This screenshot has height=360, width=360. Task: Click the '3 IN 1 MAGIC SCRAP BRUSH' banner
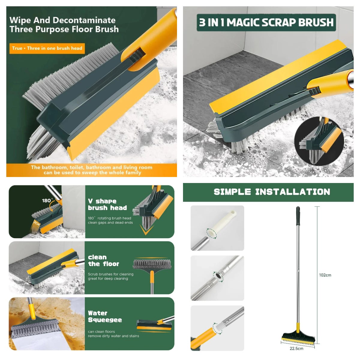tap(266, 22)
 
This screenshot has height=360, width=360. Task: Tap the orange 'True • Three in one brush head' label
tap(47, 48)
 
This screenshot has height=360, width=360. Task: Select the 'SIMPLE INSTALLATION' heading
tap(271, 192)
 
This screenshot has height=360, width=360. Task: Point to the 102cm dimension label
tap(325, 275)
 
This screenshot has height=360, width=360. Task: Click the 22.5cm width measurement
tap(296, 349)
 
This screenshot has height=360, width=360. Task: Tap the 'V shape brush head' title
tap(107, 205)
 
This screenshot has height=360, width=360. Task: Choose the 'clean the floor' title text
tap(103, 261)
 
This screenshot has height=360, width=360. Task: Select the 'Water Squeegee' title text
tap(105, 316)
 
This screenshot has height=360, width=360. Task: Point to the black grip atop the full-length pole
tap(298, 216)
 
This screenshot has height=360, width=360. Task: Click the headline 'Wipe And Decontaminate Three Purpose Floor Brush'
tap(64, 25)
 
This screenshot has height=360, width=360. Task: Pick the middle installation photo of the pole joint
tap(217, 278)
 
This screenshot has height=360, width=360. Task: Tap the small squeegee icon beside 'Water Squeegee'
tap(155, 325)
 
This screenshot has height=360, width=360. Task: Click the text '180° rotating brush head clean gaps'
tap(110, 220)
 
